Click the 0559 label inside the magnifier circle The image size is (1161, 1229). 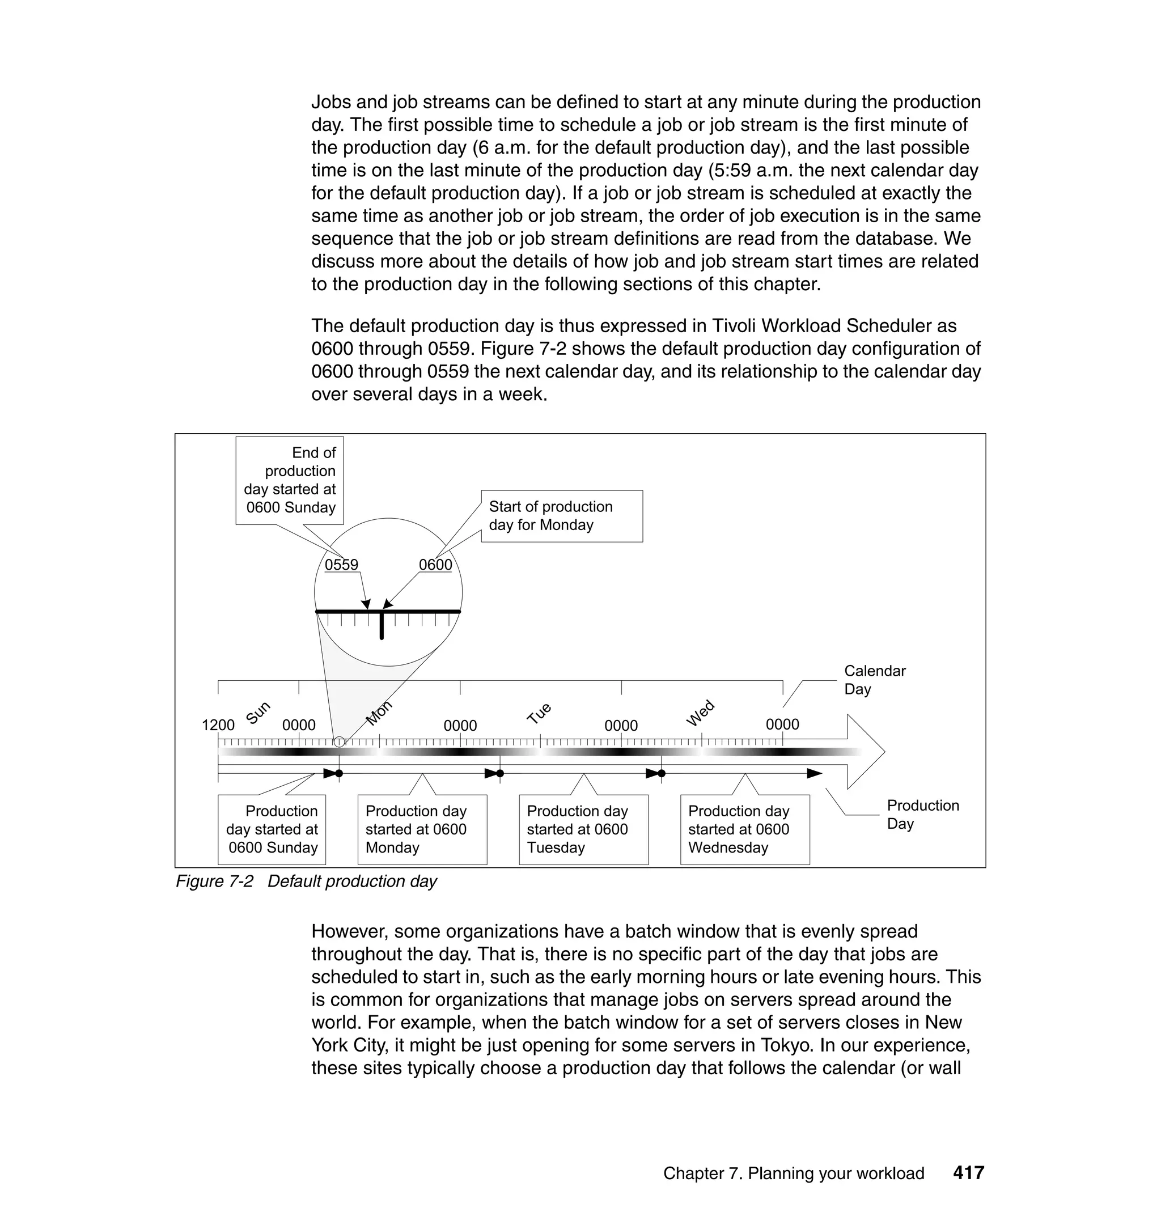pos(341,565)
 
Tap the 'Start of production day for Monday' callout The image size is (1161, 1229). pos(561,516)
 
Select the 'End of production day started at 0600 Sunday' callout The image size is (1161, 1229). pos(290,480)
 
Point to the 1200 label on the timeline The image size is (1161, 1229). pos(218,724)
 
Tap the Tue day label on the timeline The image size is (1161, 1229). pos(539,713)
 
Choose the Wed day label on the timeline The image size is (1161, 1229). pos(700,713)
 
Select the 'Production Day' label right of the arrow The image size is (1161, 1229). pos(922,814)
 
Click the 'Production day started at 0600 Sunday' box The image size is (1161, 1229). pos(272,829)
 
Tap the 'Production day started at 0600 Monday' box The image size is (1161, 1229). pos(422,829)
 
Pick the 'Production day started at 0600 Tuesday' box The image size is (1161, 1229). pos(583,829)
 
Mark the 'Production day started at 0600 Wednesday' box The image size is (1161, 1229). pos(744,829)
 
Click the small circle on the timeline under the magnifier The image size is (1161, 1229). pos(339,741)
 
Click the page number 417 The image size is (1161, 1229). pos(968,1173)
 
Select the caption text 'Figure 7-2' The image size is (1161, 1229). pos(214,881)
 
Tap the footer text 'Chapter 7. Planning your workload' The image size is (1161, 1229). pos(794,1173)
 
